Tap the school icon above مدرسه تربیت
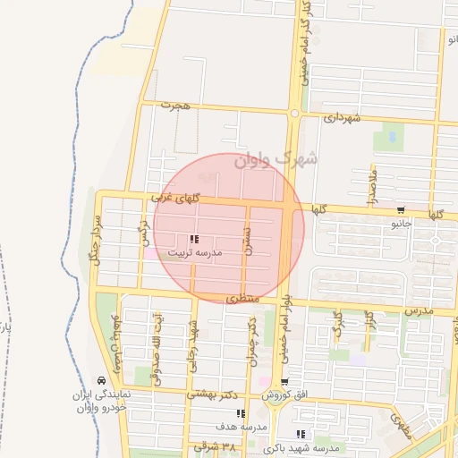click(194, 239)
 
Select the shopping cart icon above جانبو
click(399, 211)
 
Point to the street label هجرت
click(176, 106)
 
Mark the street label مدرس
click(419, 310)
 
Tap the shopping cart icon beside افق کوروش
click(285, 383)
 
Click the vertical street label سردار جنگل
click(92, 242)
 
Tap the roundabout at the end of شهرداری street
click(293, 114)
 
